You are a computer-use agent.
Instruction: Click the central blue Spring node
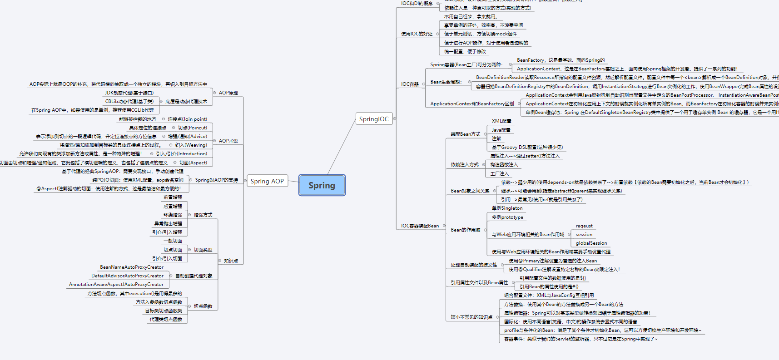(322, 185)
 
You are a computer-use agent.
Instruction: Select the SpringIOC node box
(374, 119)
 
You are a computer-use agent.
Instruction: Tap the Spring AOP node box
(267, 181)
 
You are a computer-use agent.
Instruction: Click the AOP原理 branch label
(228, 93)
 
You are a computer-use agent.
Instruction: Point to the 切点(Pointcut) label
(192, 128)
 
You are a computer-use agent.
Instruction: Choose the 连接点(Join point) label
(187, 119)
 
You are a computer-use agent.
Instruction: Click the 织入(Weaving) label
(191, 145)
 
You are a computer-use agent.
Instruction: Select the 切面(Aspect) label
(193, 163)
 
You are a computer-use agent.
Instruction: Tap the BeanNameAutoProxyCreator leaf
(132, 267)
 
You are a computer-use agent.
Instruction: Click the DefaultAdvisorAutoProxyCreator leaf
(127, 276)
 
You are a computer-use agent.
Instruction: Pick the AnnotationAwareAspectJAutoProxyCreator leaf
(116, 284)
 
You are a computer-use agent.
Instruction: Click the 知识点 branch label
(231, 261)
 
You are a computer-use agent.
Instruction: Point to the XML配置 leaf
(501, 121)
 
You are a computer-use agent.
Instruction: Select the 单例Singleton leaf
(507, 208)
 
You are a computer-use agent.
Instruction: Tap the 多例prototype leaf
(507, 217)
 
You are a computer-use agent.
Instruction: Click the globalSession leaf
(591, 243)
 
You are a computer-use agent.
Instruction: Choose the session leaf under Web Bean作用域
(584, 234)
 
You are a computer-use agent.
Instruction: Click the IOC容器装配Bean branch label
(420, 226)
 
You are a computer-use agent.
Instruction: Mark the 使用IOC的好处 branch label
(417, 34)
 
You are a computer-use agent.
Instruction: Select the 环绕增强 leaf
(173, 215)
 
